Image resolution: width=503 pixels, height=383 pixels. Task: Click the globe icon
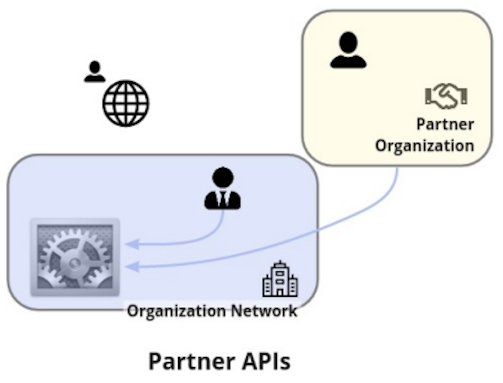(x=126, y=103)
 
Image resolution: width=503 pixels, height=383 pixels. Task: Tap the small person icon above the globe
(x=95, y=72)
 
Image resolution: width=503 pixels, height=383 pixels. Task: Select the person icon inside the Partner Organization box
(x=348, y=50)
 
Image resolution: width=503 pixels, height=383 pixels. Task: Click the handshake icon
(x=446, y=96)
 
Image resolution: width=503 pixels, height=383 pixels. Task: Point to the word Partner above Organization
(x=445, y=124)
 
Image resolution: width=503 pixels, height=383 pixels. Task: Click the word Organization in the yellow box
(x=425, y=146)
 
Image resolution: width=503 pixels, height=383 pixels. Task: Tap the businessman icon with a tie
(x=223, y=189)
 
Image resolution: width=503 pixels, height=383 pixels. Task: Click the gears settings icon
(x=75, y=257)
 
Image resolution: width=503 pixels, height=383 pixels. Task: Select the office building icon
(x=280, y=279)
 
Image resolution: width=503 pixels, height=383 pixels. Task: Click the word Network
(x=264, y=311)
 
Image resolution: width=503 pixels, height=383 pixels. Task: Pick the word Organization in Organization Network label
(x=176, y=312)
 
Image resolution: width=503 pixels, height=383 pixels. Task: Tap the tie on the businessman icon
(x=223, y=199)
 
